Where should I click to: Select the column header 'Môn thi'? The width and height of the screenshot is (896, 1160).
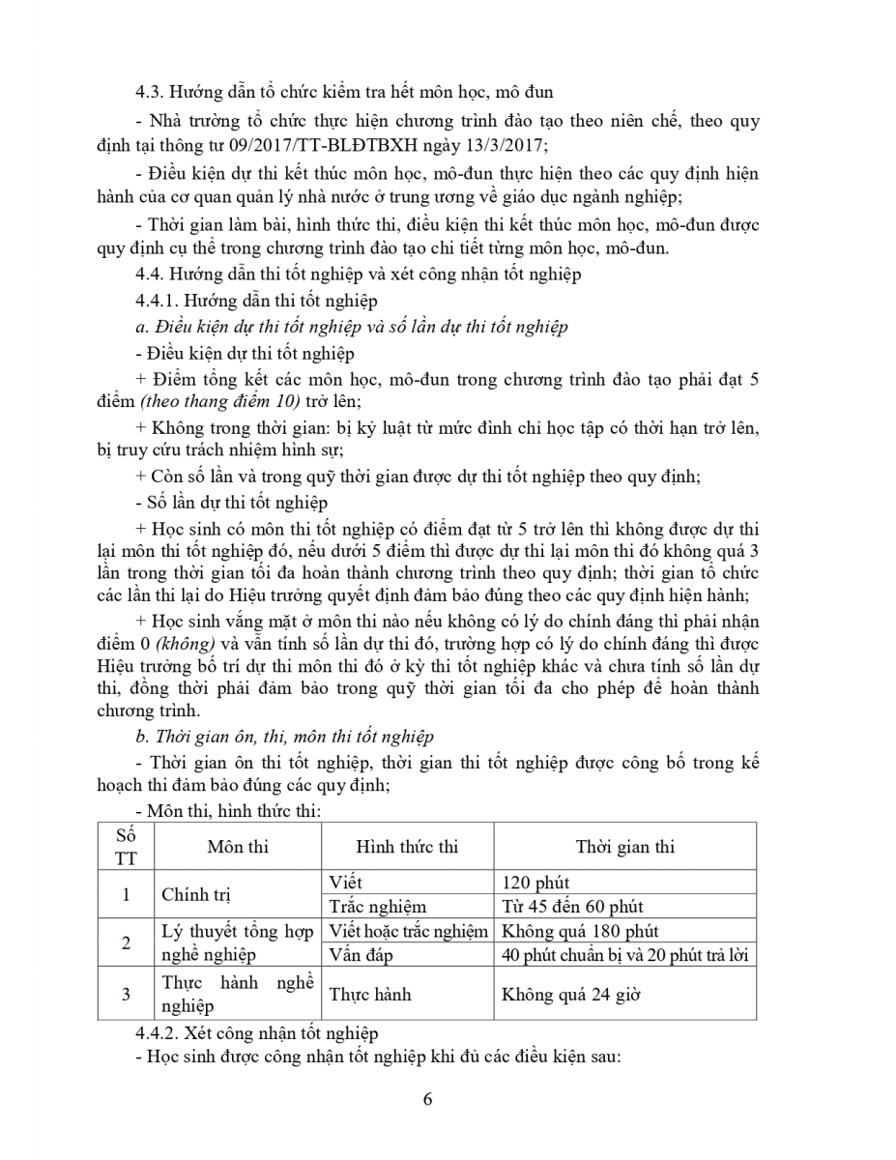(238, 847)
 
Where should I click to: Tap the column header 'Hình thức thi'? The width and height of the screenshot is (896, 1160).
(407, 847)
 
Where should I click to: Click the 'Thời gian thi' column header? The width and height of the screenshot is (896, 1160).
(624, 847)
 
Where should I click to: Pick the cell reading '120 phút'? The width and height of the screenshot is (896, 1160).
(536, 883)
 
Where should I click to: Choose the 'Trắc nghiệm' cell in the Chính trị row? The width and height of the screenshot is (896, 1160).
(377, 907)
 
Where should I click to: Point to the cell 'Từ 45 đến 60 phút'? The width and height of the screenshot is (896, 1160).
(573, 907)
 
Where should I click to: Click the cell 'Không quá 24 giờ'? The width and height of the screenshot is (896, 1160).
(570, 994)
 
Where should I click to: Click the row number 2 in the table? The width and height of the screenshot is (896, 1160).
(126, 942)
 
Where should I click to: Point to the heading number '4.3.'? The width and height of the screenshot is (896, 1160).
(152, 93)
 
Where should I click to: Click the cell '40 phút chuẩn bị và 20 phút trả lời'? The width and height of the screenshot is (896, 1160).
(625, 954)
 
